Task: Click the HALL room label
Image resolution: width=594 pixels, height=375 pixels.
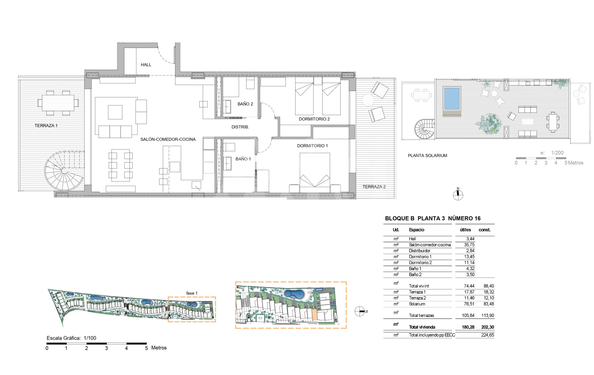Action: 146,65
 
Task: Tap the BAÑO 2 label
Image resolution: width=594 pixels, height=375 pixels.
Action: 245,104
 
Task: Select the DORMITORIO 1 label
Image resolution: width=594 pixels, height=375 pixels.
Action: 312,146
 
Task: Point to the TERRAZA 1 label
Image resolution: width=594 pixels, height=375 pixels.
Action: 46,126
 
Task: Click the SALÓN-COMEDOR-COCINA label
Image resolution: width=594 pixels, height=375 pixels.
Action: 168,139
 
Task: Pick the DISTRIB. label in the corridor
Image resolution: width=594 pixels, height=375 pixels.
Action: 240,127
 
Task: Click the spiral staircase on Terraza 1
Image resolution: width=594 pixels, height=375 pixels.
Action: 64,171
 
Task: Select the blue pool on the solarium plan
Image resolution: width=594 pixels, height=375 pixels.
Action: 452,98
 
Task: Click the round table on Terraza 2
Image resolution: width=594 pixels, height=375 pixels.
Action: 368,100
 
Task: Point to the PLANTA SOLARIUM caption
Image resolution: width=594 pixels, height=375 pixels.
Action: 427,155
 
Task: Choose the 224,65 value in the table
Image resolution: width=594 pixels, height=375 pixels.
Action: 487,335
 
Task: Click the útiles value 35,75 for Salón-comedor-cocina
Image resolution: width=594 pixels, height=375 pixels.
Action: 469,245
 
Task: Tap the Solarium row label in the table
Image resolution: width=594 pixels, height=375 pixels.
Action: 417,304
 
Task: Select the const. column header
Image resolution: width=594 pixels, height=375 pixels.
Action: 484,230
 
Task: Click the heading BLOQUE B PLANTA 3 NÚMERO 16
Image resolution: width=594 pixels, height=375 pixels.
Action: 433,218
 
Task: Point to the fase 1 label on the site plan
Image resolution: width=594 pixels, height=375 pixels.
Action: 192,293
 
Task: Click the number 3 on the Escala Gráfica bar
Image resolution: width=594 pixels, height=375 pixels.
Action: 106,348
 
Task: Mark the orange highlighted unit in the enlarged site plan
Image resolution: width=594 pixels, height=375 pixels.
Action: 314,315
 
